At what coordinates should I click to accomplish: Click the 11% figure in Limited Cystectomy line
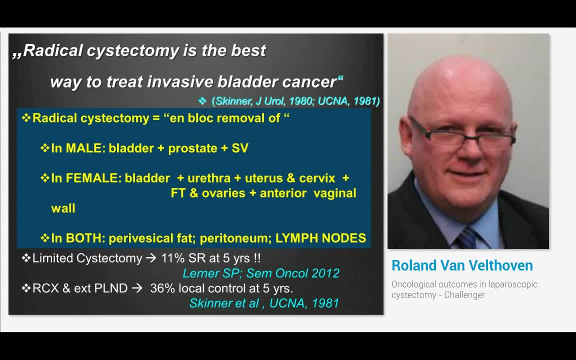coord(172,258)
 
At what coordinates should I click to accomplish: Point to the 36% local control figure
coord(162,288)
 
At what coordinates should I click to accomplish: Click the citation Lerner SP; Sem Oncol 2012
coord(260,273)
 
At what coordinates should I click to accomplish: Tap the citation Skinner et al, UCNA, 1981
coord(264,303)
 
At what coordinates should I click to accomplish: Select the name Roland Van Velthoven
coord(462,265)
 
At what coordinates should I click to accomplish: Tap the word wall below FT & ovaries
coord(63,208)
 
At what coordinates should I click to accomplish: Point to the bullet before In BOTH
coord(45,237)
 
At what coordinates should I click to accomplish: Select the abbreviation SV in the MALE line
coord(240,148)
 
